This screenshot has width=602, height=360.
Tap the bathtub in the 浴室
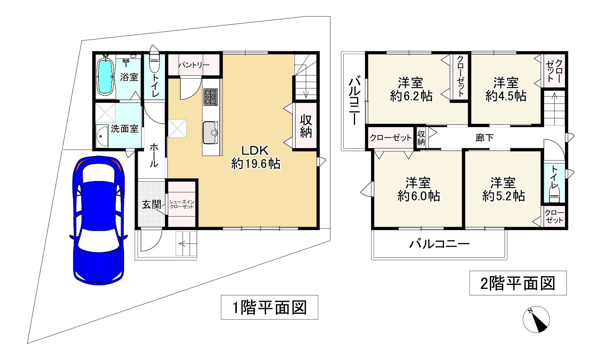click(x=105, y=77)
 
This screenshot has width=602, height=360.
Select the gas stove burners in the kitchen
click(x=210, y=97)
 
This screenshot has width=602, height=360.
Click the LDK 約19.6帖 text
click(x=255, y=157)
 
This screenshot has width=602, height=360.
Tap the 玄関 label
click(x=151, y=205)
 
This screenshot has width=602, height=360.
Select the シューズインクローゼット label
click(x=182, y=204)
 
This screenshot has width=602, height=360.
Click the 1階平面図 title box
click(x=269, y=307)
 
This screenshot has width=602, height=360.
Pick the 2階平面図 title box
click(x=518, y=283)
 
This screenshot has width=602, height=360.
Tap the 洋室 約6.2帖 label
click(x=411, y=89)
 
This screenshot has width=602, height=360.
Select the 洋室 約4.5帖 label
click(x=506, y=89)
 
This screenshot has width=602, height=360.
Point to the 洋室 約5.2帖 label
click(x=503, y=189)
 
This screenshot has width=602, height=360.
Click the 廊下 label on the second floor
click(x=484, y=138)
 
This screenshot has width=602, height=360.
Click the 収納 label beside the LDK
click(x=306, y=126)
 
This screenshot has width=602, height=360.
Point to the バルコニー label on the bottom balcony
click(x=439, y=244)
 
